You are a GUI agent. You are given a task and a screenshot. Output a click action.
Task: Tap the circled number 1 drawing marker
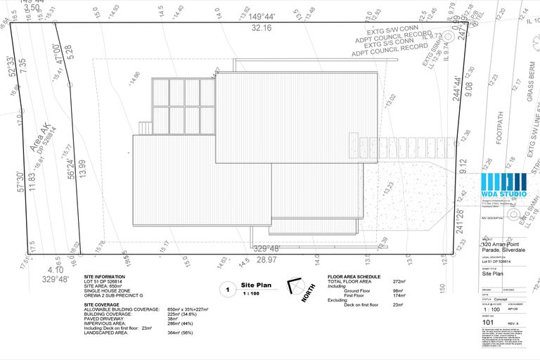(227, 289)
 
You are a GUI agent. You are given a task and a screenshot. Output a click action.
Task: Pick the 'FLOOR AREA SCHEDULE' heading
(354, 277)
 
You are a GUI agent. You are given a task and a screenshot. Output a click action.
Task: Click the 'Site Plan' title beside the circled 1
(256, 285)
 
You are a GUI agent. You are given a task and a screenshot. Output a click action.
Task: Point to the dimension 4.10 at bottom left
(55, 269)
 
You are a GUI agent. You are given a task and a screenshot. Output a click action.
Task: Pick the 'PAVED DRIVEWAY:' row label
(103, 318)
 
